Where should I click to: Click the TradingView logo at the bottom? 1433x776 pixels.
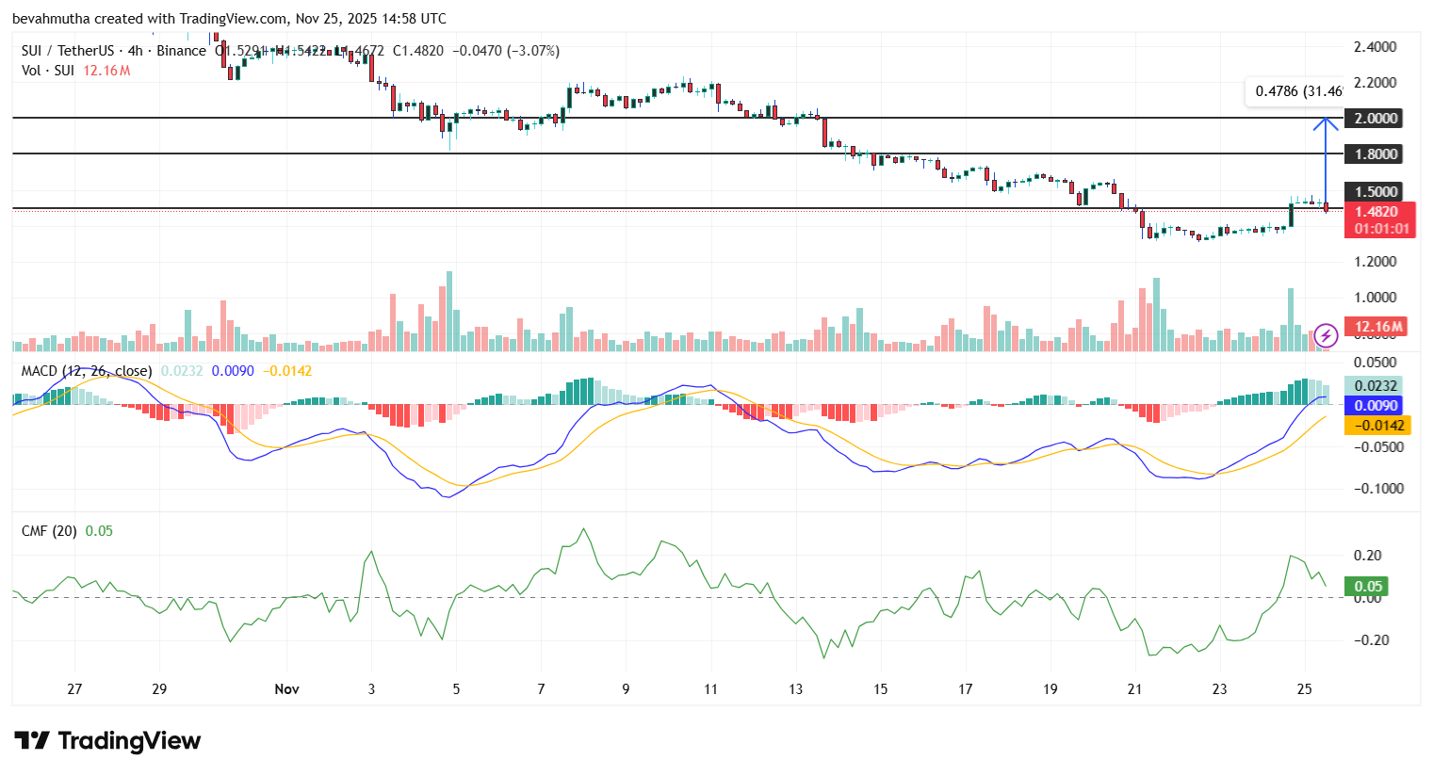(107, 741)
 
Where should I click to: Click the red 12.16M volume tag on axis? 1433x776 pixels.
(1378, 328)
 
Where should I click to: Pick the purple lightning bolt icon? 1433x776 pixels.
(1326, 335)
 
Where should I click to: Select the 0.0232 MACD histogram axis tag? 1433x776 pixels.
(1375, 386)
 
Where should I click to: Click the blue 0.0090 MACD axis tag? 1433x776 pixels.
(1375, 406)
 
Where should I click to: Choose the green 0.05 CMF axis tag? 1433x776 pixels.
(1367, 587)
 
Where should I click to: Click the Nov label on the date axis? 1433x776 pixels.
(286, 689)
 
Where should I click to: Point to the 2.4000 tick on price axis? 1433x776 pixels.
(1375, 47)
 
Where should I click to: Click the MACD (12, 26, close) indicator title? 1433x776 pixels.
(87, 371)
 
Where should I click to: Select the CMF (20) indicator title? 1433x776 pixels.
(49, 531)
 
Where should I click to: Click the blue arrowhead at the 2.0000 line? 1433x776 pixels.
(1326, 121)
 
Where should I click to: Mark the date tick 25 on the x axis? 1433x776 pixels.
(1304, 689)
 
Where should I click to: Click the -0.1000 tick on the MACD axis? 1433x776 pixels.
(1377, 489)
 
